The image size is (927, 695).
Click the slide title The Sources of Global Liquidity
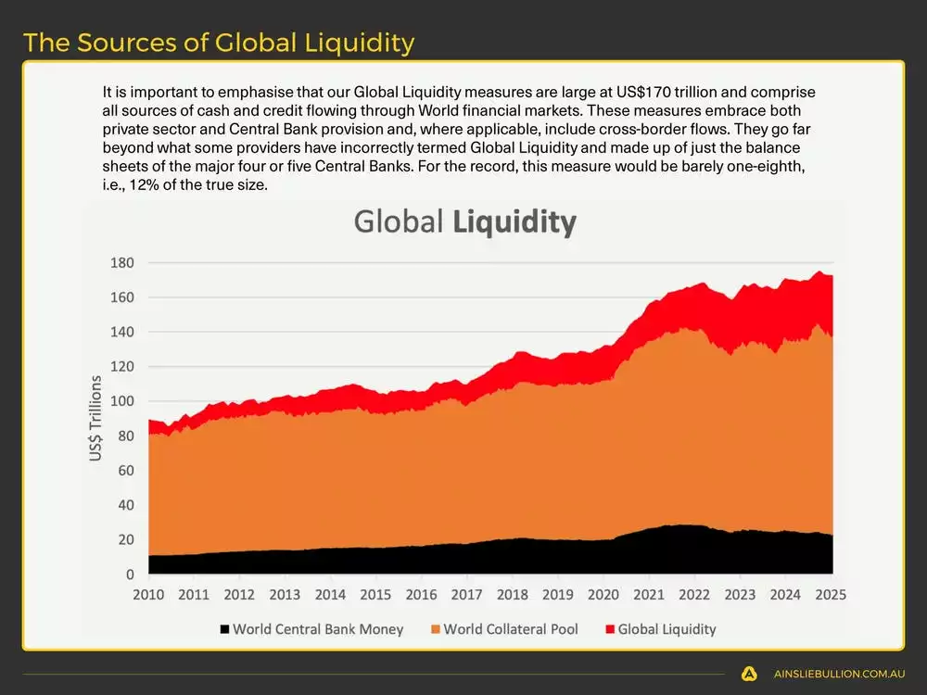(x=219, y=43)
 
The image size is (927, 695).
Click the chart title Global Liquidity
(x=464, y=222)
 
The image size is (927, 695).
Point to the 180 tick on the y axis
(x=122, y=263)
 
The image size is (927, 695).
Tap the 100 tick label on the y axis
(x=122, y=401)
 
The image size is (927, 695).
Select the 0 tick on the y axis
(x=130, y=575)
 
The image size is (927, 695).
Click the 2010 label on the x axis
(x=148, y=595)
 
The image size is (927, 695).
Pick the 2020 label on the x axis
(x=603, y=595)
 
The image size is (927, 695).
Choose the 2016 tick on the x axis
(x=422, y=595)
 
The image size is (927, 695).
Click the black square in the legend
(x=223, y=630)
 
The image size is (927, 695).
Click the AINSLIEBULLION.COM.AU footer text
(x=839, y=675)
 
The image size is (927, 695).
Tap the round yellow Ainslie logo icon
(x=750, y=675)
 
